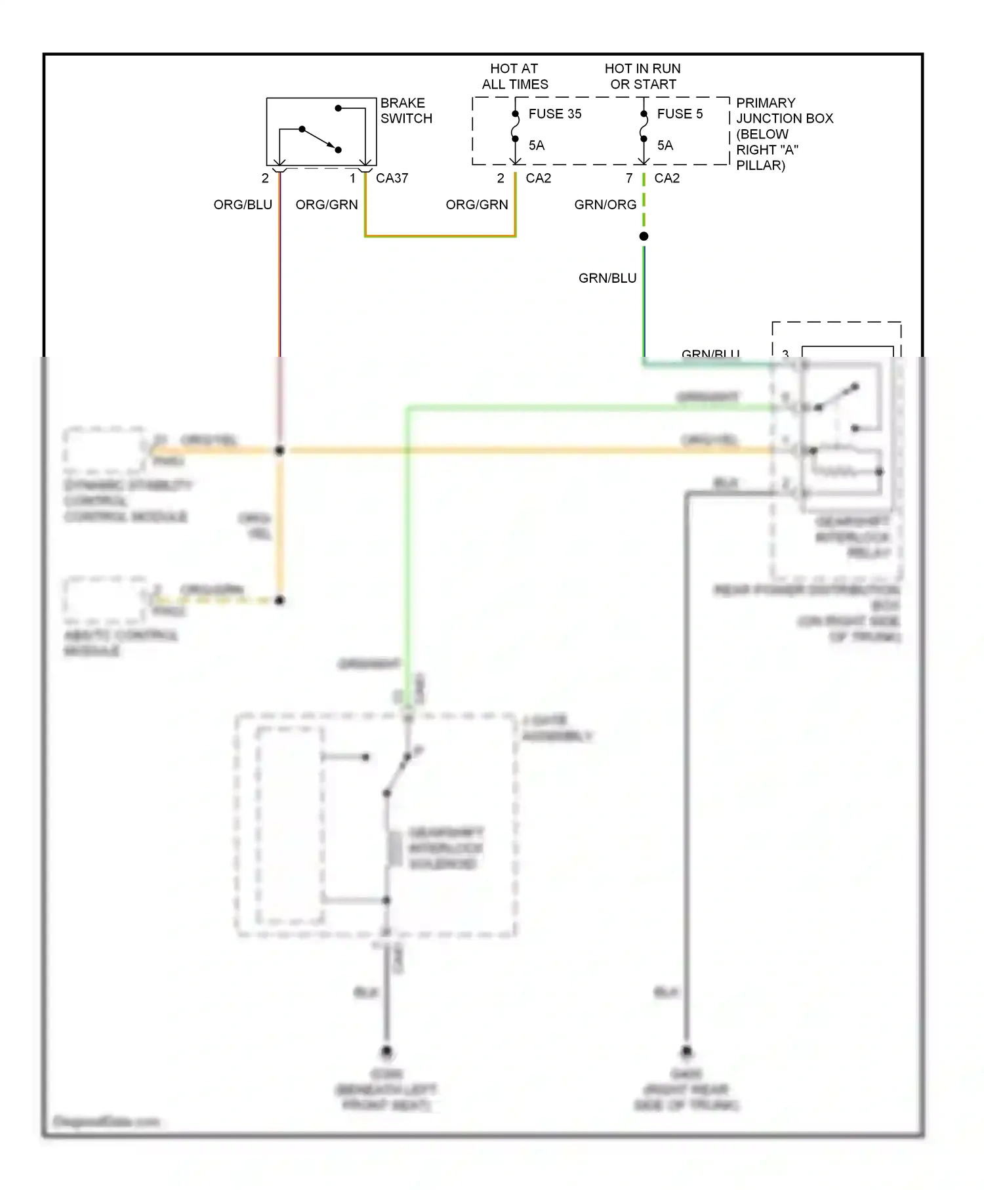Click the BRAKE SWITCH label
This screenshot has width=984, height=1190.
tap(405, 111)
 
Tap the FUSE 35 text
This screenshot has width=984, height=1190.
tap(554, 114)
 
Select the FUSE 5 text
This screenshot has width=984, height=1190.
tap(680, 114)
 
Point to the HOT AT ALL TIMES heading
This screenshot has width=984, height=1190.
tap(514, 76)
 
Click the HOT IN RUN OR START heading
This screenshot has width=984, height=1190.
tap(642, 76)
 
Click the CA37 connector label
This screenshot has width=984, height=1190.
tap(392, 178)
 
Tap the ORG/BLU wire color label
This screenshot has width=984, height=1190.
tap(243, 205)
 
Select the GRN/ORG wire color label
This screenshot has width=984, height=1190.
tap(605, 205)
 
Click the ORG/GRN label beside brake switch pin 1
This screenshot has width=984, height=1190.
tap(326, 205)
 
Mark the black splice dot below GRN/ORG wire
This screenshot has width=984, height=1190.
tap(644, 236)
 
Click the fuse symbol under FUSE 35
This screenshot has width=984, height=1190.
tap(515, 127)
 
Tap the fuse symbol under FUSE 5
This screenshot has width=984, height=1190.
tap(644, 127)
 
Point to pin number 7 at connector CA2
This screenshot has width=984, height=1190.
tap(628, 178)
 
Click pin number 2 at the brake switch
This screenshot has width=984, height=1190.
tap(265, 178)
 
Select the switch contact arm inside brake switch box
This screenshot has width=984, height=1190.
tap(320, 139)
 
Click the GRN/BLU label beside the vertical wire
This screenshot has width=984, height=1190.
tap(607, 278)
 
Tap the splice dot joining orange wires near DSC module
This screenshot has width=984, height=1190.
tap(279, 451)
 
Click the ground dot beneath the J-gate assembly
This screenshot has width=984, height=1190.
tap(386, 1052)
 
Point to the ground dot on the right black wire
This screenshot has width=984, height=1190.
tap(686, 1052)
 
